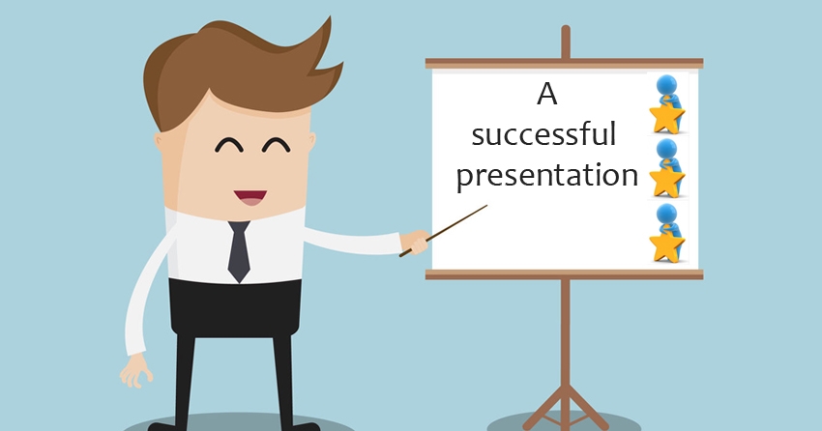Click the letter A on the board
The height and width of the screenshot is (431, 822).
546,95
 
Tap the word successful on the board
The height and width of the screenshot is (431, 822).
543,134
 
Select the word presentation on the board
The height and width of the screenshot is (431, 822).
546,176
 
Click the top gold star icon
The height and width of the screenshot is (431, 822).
666,118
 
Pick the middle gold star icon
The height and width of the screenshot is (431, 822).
666,182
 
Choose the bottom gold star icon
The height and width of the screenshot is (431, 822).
666,246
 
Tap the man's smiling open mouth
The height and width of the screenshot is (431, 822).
250,197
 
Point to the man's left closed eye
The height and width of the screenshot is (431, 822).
229,145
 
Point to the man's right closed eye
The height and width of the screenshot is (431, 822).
277,145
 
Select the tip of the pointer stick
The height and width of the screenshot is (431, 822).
487,205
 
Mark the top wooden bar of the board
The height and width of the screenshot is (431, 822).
564,64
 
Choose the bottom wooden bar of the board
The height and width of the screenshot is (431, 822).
564,274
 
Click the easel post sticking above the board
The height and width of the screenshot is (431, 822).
565,42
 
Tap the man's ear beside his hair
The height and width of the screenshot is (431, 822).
158,140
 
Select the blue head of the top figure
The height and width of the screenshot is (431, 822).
666,85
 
